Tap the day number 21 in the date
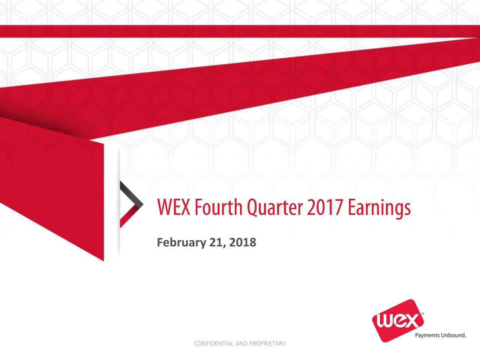pyautogui.click(x=216, y=243)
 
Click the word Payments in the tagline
pyautogui.click(x=427, y=335)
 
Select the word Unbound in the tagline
pyautogui.click(x=453, y=335)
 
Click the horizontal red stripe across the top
pyautogui.click(x=240, y=31)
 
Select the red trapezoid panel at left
pyautogui.click(x=52, y=187)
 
